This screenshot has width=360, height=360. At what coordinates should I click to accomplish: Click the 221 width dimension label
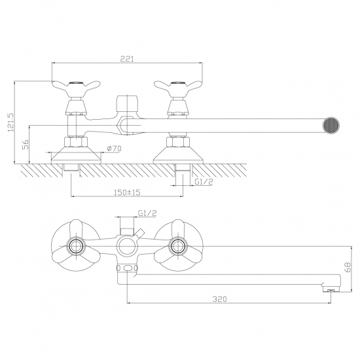coord(127,59)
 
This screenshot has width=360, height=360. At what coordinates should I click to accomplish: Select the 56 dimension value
coord(26,145)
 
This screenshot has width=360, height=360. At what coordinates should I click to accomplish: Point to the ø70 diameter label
coord(114,149)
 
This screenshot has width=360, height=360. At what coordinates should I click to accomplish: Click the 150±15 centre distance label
coord(127,192)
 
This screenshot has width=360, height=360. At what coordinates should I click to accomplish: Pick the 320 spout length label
coord(219,299)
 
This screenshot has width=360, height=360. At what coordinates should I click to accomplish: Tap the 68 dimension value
coord(348,267)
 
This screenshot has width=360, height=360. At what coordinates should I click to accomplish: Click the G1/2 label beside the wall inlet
coord(204,181)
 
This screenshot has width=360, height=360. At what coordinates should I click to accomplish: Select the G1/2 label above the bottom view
coord(147,213)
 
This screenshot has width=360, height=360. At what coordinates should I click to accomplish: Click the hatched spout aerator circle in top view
coord(331,126)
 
